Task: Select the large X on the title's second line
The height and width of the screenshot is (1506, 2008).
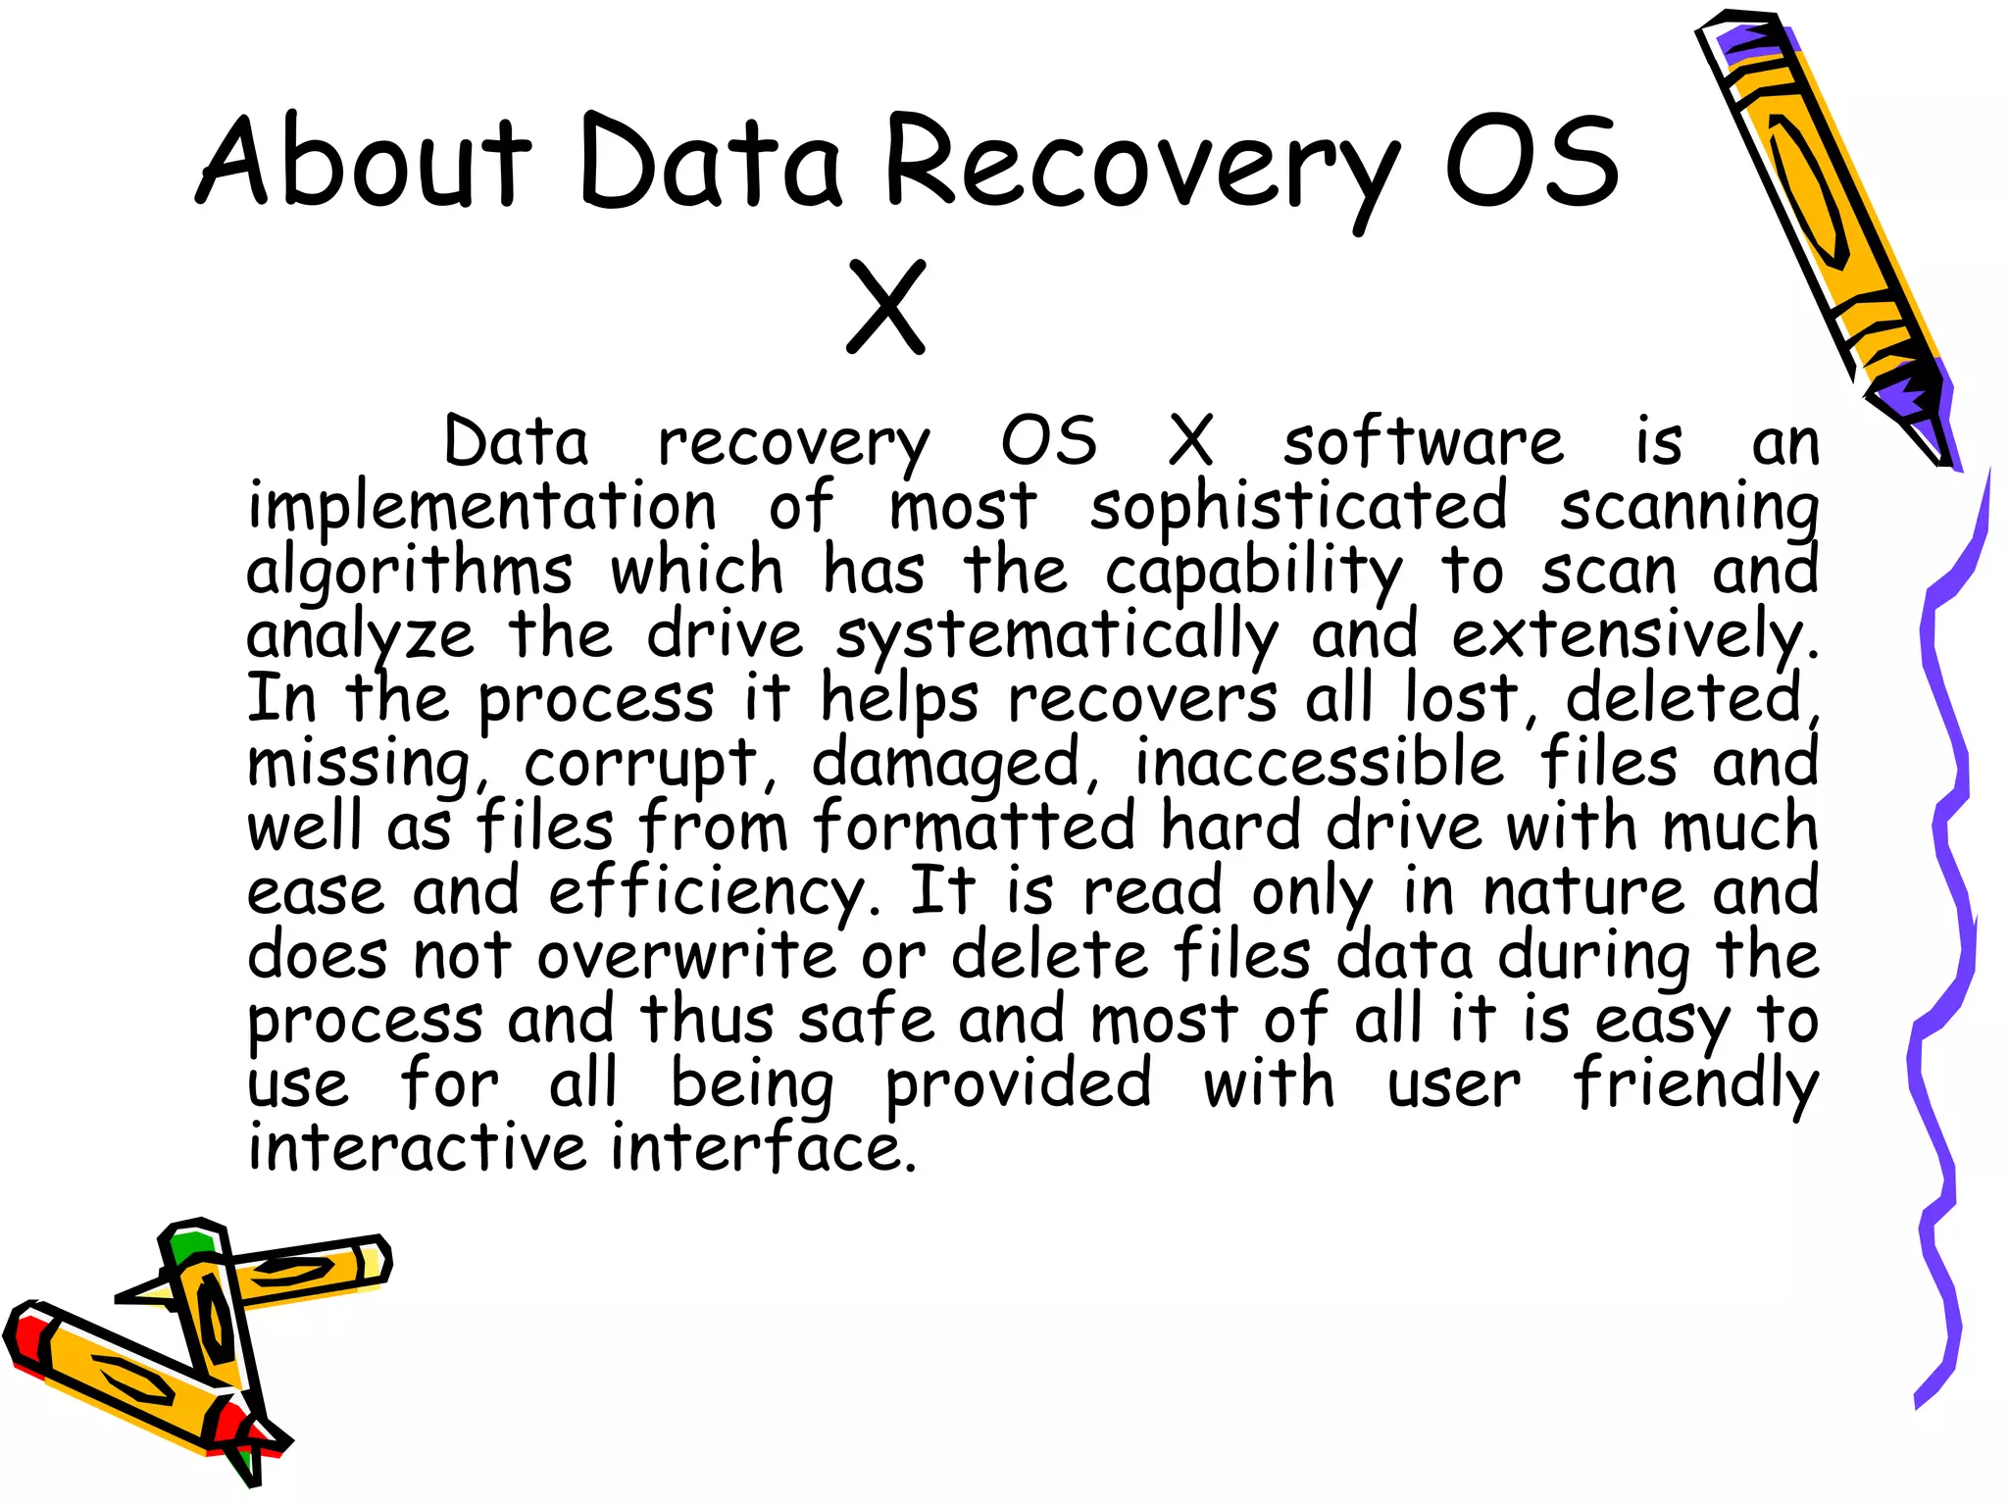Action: (886, 307)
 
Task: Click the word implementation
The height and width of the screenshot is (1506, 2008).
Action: (481, 507)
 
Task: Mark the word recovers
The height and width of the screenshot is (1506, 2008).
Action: (1142, 700)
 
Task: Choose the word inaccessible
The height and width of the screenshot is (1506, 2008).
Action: (1319, 764)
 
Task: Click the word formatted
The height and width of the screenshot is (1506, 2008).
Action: (974, 828)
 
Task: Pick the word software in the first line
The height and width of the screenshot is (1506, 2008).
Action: (1423, 443)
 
